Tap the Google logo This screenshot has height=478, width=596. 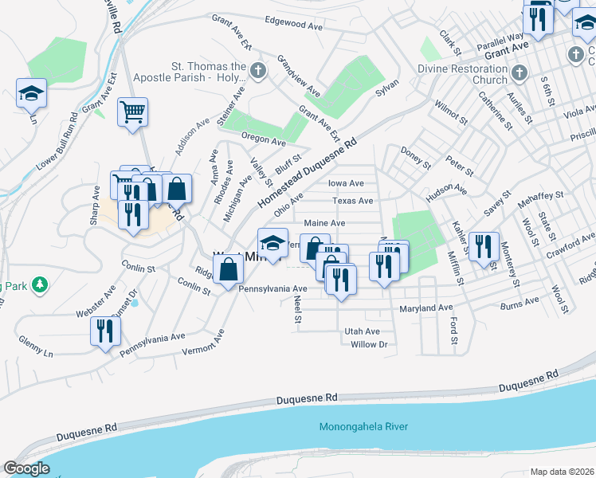tap(26, 468)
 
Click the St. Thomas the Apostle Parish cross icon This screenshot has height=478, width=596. tap(257, 71)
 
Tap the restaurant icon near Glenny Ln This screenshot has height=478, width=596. tap(104, 331)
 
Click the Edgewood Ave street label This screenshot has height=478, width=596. tap(293, 24)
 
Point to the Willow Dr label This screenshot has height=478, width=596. tap(368, 344)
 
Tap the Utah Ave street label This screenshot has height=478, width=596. tap(362, 331)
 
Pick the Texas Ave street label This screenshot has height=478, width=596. tap(352, 201)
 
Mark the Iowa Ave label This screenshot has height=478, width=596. tap(346, 182)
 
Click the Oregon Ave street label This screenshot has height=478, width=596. tap(263, 141)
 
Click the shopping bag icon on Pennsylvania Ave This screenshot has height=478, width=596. tap(229, 268)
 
